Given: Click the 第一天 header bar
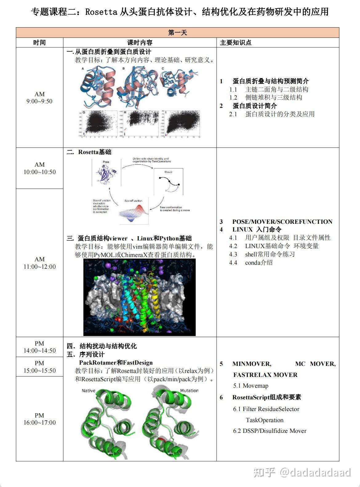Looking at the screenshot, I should coord(178,33).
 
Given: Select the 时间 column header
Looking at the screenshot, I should coord(39,43).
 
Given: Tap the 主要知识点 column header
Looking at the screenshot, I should coord(236,43).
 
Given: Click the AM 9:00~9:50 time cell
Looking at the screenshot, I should coord(39,98).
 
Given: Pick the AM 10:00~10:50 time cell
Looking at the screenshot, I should coord(40,168).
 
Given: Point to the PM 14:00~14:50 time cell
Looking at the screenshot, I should coord(39,347).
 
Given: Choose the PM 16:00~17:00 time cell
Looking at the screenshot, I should coord(40,419).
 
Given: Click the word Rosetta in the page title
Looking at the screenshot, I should coord(101,12).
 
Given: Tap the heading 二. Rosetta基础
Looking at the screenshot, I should coord(89,152).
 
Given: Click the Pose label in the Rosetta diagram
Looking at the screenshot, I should coord(106,162).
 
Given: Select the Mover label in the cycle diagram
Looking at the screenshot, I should coord(168,172).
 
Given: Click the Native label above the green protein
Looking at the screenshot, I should coord(89,390).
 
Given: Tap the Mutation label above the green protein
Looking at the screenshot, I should coord(189,390).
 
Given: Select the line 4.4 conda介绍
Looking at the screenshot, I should coord(251,263).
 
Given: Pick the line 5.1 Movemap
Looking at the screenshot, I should coord(251,386).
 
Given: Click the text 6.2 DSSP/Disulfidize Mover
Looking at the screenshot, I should coord(270,431).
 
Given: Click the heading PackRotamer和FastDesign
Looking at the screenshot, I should coord(116,362).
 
